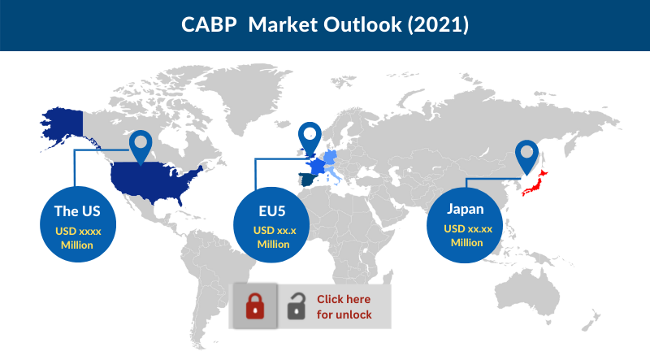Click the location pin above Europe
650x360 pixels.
click(310, 137)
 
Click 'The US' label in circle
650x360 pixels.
click(77, 211)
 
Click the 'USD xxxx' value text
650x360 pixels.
click(77, 231)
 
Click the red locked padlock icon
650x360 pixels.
click(255, 306)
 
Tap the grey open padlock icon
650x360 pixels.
click(296, 307)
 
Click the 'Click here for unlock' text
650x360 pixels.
click(344, 307)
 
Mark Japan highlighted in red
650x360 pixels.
click(539, 182)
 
